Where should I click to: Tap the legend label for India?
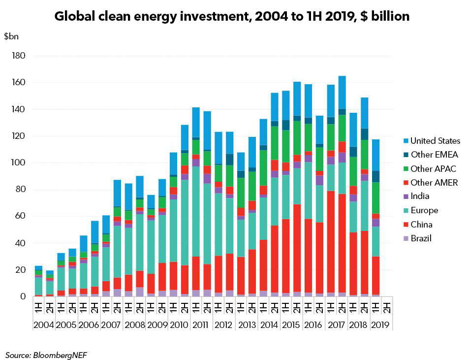(x=420, y=196)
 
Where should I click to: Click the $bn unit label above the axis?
(x=10, y=36)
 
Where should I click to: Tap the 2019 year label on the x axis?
(x=380, y=325)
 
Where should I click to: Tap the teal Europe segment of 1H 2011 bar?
(x=195, y=212)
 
